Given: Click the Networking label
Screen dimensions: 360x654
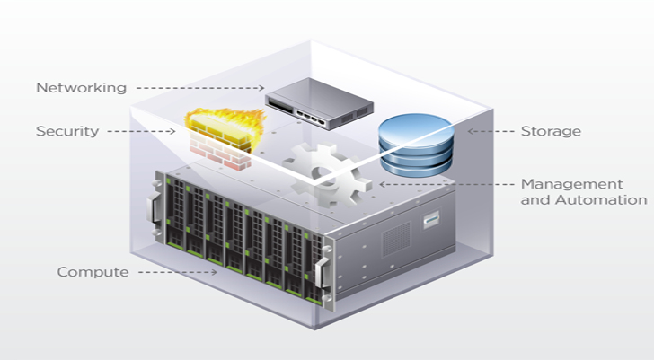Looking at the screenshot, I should point(81,88).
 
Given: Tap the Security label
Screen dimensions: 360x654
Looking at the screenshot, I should point(66,131).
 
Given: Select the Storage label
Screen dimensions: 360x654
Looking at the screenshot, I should point(551,131).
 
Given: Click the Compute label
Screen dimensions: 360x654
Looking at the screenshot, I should point(93,271).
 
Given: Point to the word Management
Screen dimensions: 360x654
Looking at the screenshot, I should point(571,183).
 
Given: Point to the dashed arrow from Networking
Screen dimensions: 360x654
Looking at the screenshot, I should point(199,88).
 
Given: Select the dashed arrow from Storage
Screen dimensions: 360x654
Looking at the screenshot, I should point(489,131).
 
